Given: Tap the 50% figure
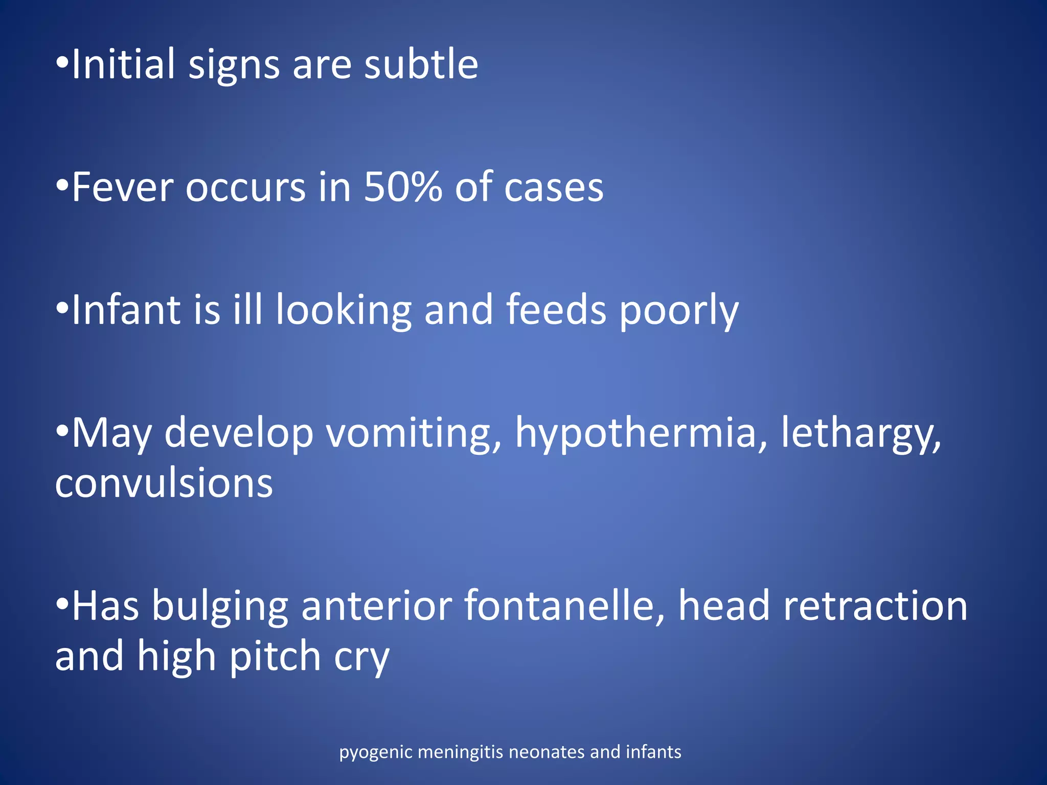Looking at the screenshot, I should click(x=402, y=187).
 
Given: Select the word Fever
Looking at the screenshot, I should click(x=122, y=187).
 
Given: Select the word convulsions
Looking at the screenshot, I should click(x=164, y=482).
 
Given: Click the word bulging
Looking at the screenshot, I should click(x=220, y=606).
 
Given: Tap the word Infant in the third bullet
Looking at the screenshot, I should click(x=126, y=310).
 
